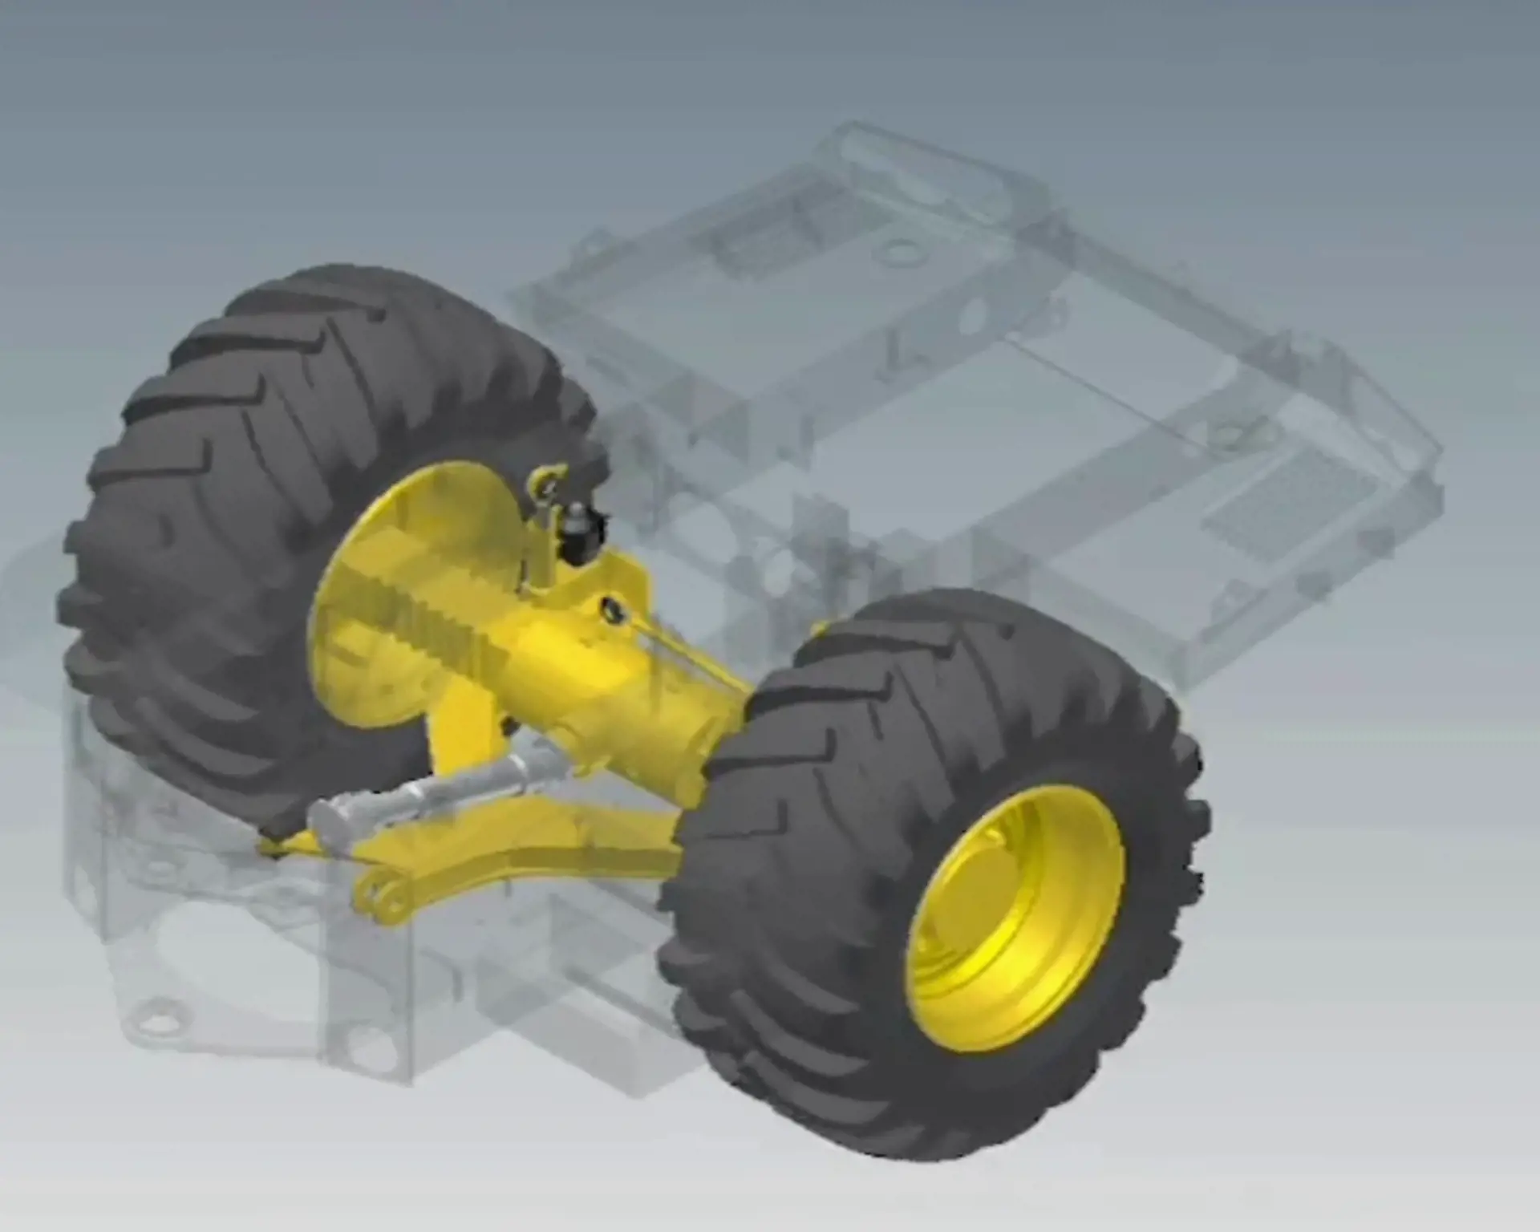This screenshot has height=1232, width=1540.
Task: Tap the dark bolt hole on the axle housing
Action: (x=612, y=608)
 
